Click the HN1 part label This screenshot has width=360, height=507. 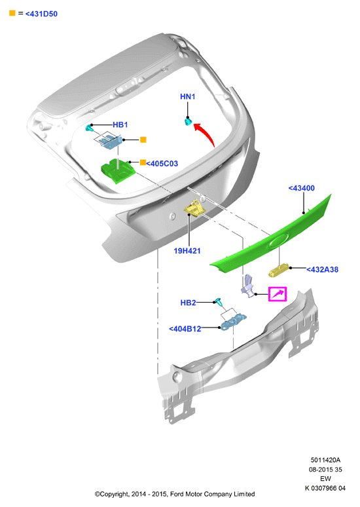point(187,96)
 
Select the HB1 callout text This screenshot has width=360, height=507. point(120,124)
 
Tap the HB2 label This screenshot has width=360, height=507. point(188,303)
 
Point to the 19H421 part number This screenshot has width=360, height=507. point(187,251)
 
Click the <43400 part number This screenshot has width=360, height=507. point(302,188)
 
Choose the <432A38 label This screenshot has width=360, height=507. point(322,269)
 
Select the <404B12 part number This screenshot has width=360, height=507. point(185,329)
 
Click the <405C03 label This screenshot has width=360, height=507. point(162,164)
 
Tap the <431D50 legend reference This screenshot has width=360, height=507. point(41,14)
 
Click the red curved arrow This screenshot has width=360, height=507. point(207,133)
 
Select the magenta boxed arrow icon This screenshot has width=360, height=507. point(278,294)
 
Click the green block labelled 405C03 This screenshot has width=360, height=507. point(118,171)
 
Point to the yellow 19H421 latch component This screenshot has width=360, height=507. point(194,208)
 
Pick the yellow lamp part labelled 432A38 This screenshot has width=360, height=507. point(278,271)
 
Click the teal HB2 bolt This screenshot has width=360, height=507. point(219,303)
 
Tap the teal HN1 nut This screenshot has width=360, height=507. point(188,122)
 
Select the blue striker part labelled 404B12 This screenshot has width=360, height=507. point(233,322)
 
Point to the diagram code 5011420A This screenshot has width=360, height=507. point(325,460)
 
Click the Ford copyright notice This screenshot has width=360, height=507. point(175,494)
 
